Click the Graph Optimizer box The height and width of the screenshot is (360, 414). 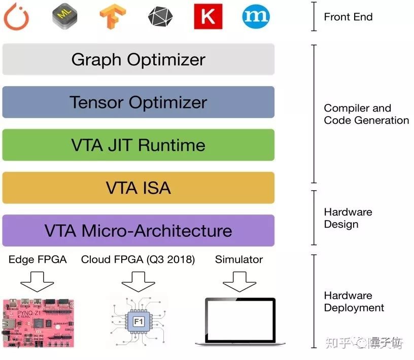click(x=138, y=59)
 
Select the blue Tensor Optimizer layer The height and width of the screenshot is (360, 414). click(x=138, y=102)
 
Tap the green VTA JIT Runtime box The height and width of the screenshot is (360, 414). click(x=138, y=145)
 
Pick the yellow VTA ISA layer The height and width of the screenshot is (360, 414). click(x=138, y=188)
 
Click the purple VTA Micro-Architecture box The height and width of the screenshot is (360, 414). click(x=138, y=231)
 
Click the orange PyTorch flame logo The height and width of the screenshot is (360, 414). click(x=16, y=17)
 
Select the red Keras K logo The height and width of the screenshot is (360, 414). click(x=208, y=17)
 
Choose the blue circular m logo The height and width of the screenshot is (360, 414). click(x=256, y=17)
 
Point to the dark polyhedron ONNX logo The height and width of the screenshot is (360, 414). click(x=160, y=17)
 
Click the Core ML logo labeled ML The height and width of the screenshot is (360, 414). click(x=65, y=17)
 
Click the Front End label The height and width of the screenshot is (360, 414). click(x=348, y=17)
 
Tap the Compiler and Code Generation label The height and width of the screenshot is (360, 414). click(x=366, y=114)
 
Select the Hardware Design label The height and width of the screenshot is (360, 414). click(x=348, y=218)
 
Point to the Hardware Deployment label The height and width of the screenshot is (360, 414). click(x=354, y=302)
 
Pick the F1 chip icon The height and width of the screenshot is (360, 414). click(x=138, y=321)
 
